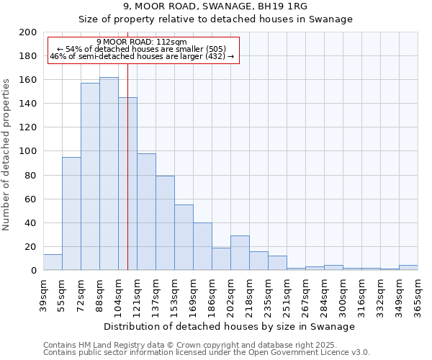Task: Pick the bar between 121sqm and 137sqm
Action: [x=146, y=212]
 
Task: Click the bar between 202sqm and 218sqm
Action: [x=240, y=253]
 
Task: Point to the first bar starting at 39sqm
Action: [x=53, y=263]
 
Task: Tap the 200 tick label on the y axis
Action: [x=28, y=32]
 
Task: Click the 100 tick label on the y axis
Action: [x=28, y=151]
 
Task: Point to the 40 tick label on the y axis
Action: [x=31, y=222]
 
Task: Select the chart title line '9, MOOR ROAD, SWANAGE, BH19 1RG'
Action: [x=215, y=6]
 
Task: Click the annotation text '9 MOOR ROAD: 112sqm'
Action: [x=142, y=42]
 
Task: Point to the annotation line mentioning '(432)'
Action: [x=142, y=56]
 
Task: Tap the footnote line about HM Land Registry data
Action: [x=207, y=345]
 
